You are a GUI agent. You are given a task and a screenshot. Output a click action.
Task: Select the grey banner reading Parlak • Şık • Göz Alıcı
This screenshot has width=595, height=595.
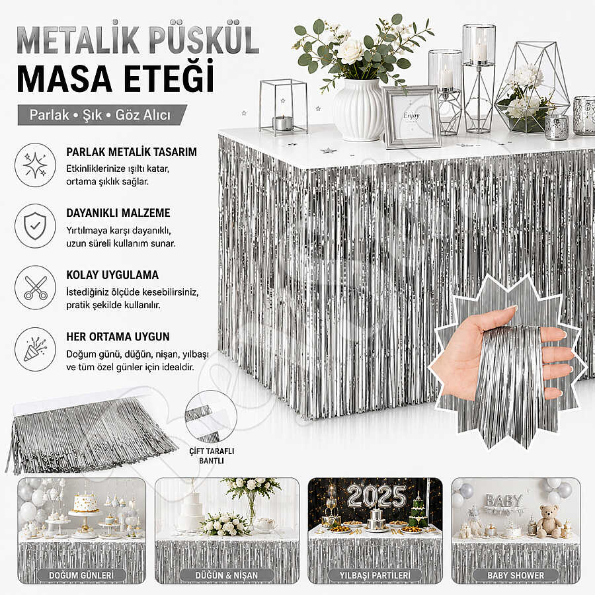point(102,114)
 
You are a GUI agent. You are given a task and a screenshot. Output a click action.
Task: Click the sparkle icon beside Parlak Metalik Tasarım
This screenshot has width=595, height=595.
point(35,165)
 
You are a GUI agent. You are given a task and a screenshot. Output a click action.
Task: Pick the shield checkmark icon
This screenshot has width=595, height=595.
point(35,226)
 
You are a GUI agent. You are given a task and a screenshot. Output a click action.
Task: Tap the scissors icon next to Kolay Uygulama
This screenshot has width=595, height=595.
point(35,288)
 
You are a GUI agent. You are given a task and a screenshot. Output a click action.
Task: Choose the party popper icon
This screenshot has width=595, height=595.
point(35,349)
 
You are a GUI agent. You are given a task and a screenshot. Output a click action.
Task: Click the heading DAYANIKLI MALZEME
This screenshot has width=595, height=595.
point(118,213)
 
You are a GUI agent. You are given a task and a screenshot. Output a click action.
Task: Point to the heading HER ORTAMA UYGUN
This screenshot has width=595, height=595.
point(118,337)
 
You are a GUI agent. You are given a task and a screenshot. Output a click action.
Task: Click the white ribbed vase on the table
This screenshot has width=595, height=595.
point(357,110)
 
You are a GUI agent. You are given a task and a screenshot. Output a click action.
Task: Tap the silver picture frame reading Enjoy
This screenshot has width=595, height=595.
point(412,116)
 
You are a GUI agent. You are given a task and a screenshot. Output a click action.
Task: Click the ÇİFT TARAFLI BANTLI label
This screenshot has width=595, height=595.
point(212,456)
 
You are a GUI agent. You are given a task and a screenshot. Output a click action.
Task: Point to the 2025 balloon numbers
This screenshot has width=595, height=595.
point(376,496)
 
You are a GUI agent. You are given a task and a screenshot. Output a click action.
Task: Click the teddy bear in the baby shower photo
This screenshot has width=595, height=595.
point(549,522)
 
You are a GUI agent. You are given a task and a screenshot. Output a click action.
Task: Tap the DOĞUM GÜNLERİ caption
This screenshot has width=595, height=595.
point(81,575)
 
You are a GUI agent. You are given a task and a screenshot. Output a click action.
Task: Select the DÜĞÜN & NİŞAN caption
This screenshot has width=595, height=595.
point(226,575)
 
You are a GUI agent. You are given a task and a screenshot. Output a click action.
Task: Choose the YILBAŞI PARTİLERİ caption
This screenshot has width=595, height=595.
point(375,575)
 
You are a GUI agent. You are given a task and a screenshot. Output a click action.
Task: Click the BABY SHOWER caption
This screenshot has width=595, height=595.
point(516,575)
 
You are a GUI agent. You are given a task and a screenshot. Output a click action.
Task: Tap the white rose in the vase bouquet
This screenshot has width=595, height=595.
point(350,51)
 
